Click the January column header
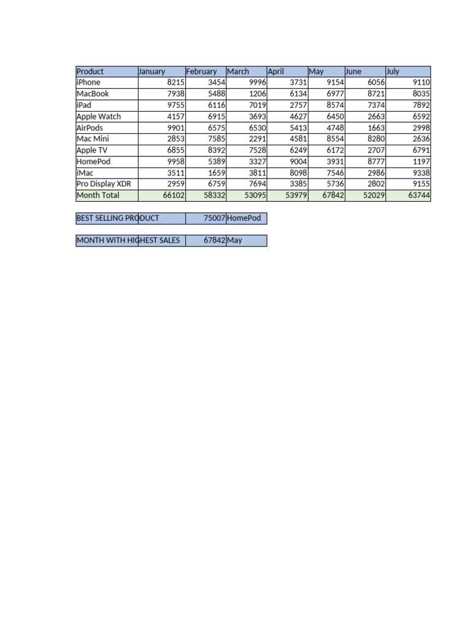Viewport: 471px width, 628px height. [x=152, y=72]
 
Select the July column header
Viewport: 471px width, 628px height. [x=393, y=72]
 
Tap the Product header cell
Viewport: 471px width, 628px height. [x=90, y=72]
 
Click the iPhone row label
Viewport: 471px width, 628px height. [x=88, y=83]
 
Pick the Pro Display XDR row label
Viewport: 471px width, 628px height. [x=104, y=184]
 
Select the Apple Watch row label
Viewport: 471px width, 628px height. [x=99, y=117]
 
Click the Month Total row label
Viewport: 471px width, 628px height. [x=98, y=196]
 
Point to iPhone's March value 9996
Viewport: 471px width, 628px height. [x=257, y=83]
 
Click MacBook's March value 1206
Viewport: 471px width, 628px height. [x=257, y=94]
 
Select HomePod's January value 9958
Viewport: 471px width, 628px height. [x=175, y=162]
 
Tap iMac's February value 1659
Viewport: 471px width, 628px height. [x=216, y=173]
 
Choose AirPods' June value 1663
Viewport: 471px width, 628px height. [x=376, y=128]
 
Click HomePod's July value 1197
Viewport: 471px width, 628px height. [x=421, y=162]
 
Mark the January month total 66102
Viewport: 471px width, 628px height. [x=173, y=196]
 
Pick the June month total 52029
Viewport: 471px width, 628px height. [x=374, y=196]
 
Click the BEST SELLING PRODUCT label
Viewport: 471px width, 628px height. [x=118, y=218]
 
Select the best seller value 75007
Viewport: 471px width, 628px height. [x=214, y=218]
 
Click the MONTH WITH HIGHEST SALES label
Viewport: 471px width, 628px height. [x=128, y=240]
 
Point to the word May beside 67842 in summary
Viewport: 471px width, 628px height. [x=234, y=240]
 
